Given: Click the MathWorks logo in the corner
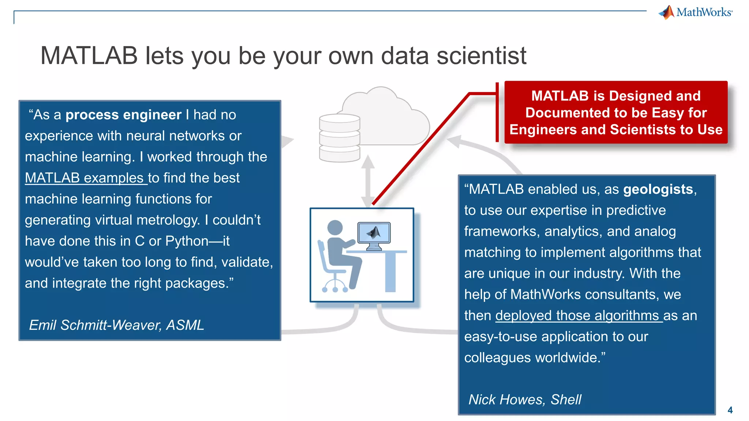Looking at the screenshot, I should tap(696, 12).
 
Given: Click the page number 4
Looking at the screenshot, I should tap(730, 410).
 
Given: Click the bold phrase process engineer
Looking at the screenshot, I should tap(123, 115).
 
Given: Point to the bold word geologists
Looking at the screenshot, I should tap(658, 189).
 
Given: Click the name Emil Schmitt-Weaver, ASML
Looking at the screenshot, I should tap(116, 325).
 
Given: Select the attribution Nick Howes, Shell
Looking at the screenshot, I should tap(525, 399).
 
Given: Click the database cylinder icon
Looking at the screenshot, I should tap(339, 138).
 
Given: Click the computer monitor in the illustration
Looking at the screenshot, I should tap(374, 234).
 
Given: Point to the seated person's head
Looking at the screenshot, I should tap(335, 228).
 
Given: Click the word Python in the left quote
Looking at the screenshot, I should tap(187, 241).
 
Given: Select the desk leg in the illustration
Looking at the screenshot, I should tap(391, 272).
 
